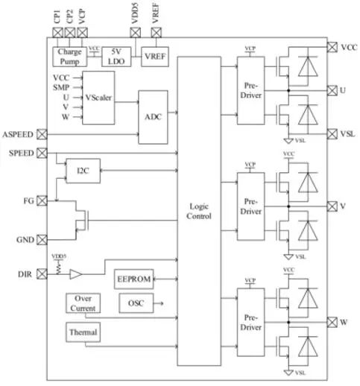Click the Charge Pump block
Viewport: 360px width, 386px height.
tap(69, 56)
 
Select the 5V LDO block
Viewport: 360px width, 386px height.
tap(115, 56)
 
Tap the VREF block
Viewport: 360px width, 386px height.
tap(155, 56)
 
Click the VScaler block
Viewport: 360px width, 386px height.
tap(98, 97)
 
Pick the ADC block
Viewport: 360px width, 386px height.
tap(153, 116)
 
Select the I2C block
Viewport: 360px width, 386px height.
tap(82, 171)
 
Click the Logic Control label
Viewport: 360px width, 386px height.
tap(199, 211)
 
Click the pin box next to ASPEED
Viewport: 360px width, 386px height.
tap(42, 134)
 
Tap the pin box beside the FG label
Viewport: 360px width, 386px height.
tap(42, 201)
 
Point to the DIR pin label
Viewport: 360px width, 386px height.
tap(25, 274)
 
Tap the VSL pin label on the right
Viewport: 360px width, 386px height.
tap(347, 134)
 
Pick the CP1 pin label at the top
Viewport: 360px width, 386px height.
tap(57, 14)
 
